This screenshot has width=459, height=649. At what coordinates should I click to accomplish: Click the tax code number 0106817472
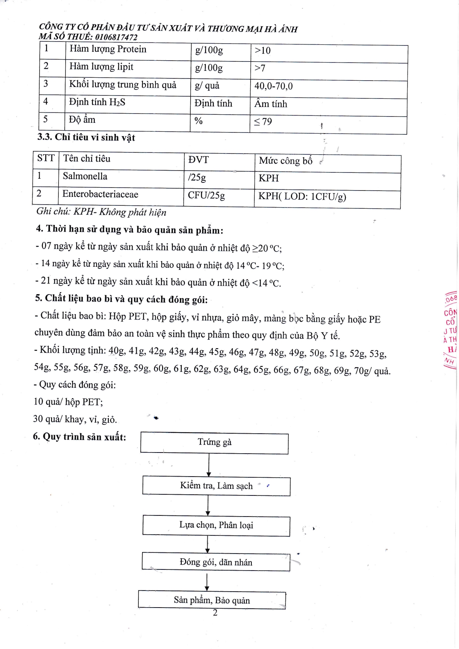(116, 37)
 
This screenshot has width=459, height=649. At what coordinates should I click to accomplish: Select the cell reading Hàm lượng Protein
(108, 49)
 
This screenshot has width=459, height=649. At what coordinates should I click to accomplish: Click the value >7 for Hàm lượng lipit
(260, 68)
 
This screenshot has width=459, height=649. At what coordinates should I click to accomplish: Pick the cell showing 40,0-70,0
(273, 86)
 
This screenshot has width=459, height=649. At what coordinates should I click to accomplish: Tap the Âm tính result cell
(271, 104)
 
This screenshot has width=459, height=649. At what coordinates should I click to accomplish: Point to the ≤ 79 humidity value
(263, 122)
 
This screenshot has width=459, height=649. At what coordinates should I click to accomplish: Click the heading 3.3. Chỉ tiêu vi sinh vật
(86, 137)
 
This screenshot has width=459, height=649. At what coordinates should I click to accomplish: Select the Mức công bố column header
(285, 161)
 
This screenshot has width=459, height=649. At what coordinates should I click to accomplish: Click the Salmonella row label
(85, 176)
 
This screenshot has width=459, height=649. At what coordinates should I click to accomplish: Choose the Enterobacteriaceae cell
(100, 194)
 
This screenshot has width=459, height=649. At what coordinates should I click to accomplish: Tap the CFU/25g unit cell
(206, 195)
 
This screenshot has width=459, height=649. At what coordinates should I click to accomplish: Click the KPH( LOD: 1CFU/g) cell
(302, 196)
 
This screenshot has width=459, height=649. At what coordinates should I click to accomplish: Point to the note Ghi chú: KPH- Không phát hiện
(101, 212)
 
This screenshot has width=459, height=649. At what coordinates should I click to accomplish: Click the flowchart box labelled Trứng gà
(214, 443)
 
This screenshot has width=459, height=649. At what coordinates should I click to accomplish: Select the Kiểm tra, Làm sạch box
(216, 486)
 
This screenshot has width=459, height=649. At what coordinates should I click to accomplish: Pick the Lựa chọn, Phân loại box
(216, 525)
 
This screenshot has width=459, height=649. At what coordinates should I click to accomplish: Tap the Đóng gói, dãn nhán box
(216, 562)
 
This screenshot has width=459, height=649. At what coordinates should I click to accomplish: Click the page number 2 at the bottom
(215, 613)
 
